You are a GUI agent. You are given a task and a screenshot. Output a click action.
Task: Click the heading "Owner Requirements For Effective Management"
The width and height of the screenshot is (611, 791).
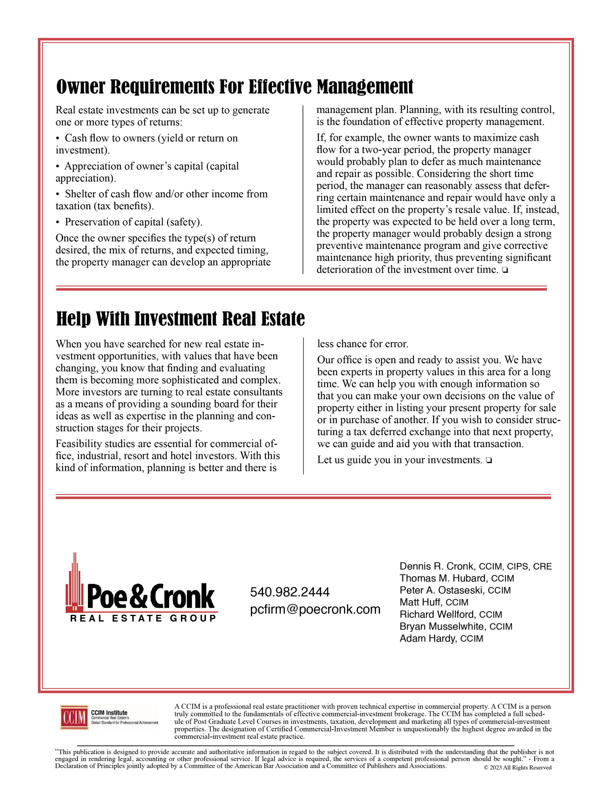point(234,87)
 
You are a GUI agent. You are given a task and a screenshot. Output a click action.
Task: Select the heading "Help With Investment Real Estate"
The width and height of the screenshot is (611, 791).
point(180,319)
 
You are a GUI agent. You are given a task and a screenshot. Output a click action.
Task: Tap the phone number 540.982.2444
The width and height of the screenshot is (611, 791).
point(290,592)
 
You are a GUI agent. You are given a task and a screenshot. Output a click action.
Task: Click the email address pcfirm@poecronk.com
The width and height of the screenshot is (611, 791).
point(315,610)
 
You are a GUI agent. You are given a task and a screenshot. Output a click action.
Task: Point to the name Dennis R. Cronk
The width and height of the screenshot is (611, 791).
point(437,566)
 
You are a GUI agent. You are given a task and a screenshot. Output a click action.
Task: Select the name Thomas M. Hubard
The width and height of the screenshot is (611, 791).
point(443,578)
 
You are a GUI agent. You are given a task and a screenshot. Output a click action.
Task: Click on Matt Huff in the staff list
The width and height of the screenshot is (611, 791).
point(420,602)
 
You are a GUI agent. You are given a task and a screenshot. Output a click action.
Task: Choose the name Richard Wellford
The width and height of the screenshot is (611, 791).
point(437,615)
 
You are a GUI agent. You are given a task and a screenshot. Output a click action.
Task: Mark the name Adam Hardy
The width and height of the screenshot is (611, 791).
point(428,639)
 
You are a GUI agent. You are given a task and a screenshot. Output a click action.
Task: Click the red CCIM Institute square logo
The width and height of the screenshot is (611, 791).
point(74,717)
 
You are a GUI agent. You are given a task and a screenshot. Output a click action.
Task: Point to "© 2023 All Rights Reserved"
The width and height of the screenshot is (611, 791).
point(517,768)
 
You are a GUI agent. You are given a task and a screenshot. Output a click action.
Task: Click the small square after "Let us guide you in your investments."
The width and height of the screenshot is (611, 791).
point(489,461)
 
